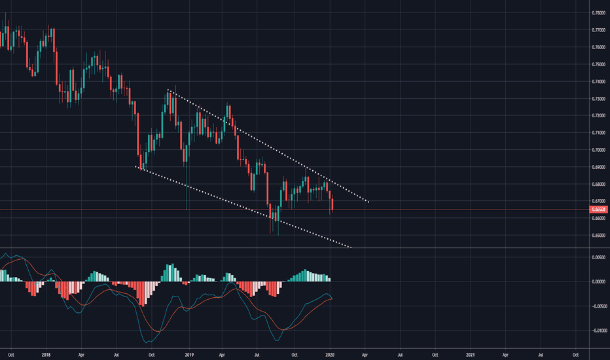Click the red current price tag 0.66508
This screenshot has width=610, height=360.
tap(599, 209)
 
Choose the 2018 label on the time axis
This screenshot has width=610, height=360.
tap(46, 354)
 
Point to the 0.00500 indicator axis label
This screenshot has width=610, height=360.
tap(599, 257)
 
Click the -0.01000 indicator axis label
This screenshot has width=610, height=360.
tap(599, 331)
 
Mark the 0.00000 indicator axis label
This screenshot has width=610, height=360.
tap(599, 281)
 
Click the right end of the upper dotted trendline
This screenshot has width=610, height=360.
tap(368, 202)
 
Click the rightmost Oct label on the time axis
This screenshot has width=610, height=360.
tap(575, 354)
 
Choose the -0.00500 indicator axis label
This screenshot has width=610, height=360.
tap(599, 306)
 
